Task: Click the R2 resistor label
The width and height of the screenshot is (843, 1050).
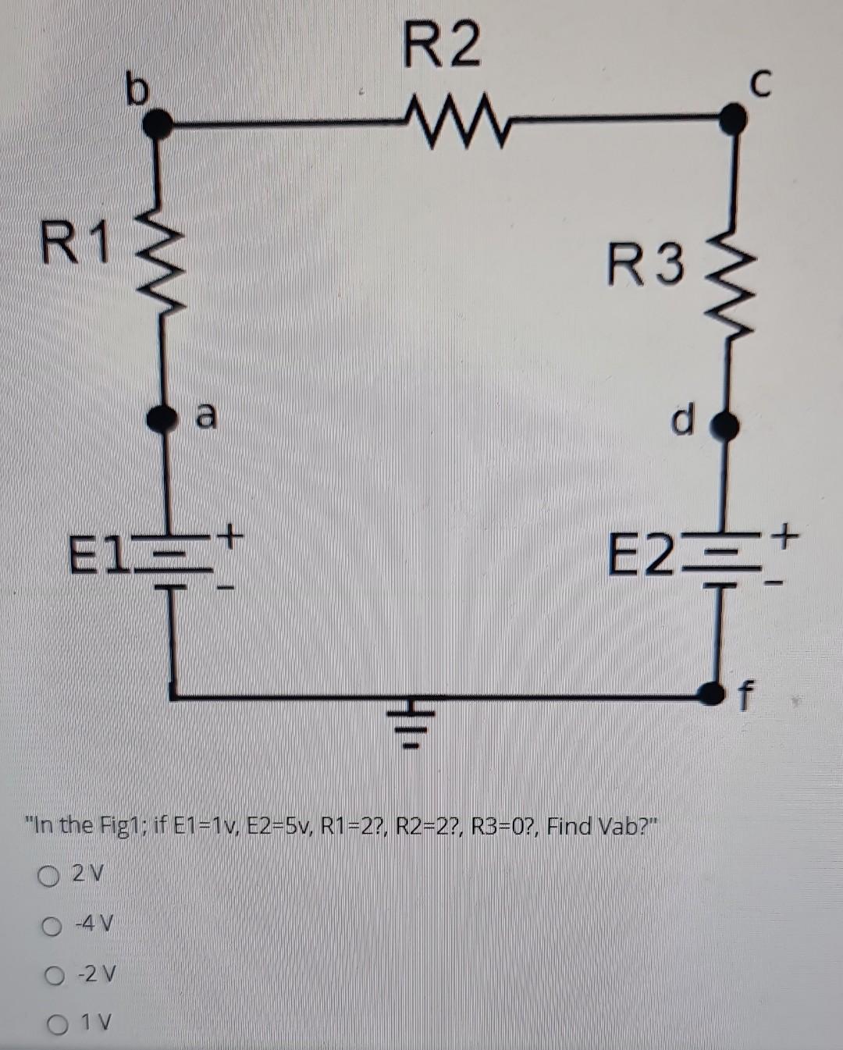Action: tap(442, 46)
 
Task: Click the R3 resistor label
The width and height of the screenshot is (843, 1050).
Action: tap(646, 264)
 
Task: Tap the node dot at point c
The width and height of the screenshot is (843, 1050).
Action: tap(731, 119)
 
